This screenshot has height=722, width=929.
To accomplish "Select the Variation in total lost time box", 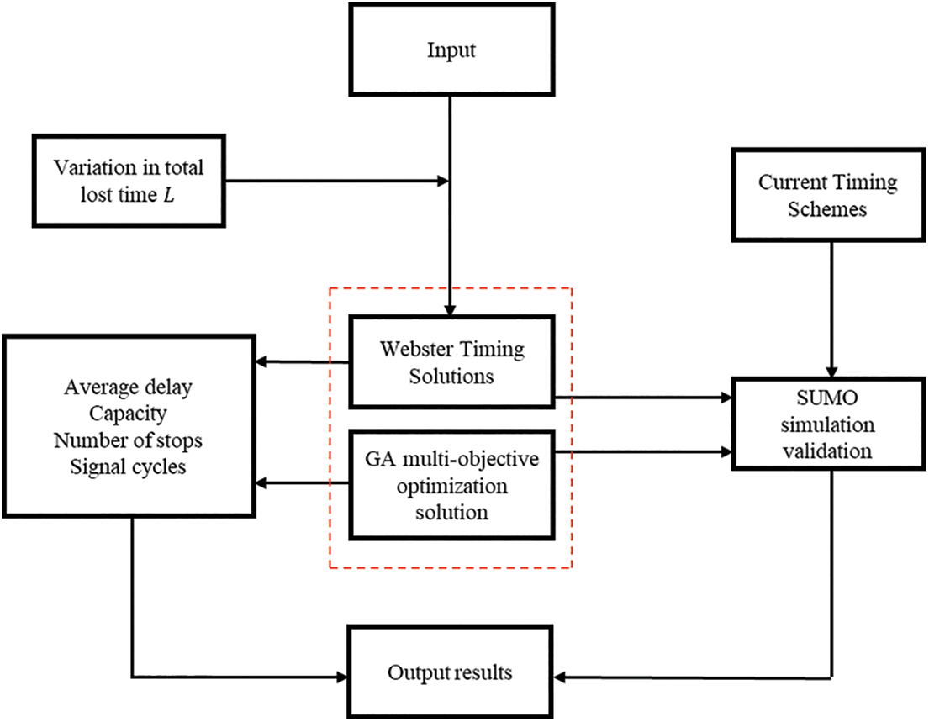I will pos(129,179).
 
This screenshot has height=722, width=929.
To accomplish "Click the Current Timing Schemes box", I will pos(827,195).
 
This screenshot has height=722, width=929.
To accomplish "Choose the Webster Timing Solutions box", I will pos(451,362).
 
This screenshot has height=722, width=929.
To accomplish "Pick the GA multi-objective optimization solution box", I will pos(451,485).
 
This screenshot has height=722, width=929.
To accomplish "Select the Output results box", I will pos(451,672).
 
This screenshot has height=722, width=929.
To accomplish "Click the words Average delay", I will pos(128,388).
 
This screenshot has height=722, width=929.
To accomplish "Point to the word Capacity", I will pos(128,414).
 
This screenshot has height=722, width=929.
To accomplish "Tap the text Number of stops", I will pos(128,440).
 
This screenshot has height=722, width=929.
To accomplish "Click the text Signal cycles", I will pos(128,466).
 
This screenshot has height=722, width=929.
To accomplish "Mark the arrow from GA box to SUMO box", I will pos(643,452).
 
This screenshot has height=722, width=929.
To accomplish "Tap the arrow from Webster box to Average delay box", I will pos(303,362).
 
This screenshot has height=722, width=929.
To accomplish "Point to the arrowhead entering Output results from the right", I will pos(562,675).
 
